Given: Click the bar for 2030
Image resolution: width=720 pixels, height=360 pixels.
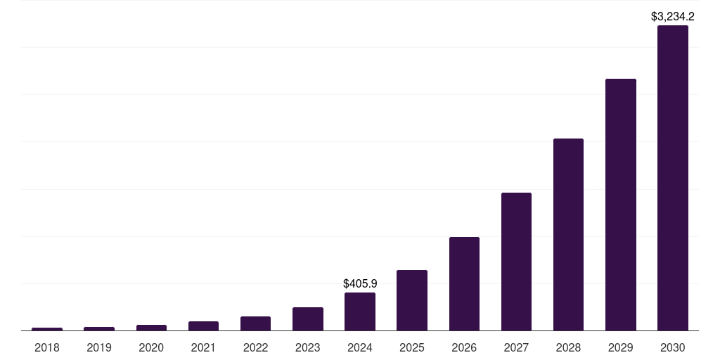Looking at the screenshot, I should click(672, 178).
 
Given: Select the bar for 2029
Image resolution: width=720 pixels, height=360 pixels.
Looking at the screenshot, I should click(620, 205).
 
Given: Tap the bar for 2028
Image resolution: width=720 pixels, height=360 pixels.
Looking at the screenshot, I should click(568, 234).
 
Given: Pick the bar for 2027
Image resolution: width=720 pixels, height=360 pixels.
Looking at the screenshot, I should click(516, 262).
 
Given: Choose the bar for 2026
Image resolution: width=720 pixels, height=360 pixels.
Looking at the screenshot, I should click(464, 283).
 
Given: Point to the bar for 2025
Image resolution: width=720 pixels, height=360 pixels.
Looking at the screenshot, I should click(412, 300).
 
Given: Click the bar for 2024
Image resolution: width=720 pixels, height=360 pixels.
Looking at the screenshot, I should click(360, 311).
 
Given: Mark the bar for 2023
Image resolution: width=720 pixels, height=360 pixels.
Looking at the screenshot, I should click(308, 319).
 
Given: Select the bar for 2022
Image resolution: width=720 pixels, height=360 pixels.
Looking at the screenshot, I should click(255, 323).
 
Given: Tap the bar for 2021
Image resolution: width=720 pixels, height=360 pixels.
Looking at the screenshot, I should click(203, 326).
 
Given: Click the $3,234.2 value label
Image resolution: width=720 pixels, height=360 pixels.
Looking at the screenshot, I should click(673, 16).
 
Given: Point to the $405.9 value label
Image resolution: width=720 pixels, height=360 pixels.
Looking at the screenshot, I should click(360, 283).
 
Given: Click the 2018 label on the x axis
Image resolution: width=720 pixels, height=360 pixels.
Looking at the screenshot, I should click(47, 347).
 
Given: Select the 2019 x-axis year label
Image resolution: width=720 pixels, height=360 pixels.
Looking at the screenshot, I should click(99, 347).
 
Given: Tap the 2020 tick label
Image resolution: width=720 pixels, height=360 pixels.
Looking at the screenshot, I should click(151, 347).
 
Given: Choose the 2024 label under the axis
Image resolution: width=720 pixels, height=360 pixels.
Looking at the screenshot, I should click(360, 347).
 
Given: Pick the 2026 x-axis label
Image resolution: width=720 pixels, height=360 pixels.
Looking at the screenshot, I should click(464, 347).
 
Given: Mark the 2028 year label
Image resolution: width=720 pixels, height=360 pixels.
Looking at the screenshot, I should click(568, 347).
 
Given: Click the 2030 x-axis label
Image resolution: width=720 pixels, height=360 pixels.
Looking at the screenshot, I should click(672, 347).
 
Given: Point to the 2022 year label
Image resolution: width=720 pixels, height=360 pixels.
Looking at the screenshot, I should click(255, 347).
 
